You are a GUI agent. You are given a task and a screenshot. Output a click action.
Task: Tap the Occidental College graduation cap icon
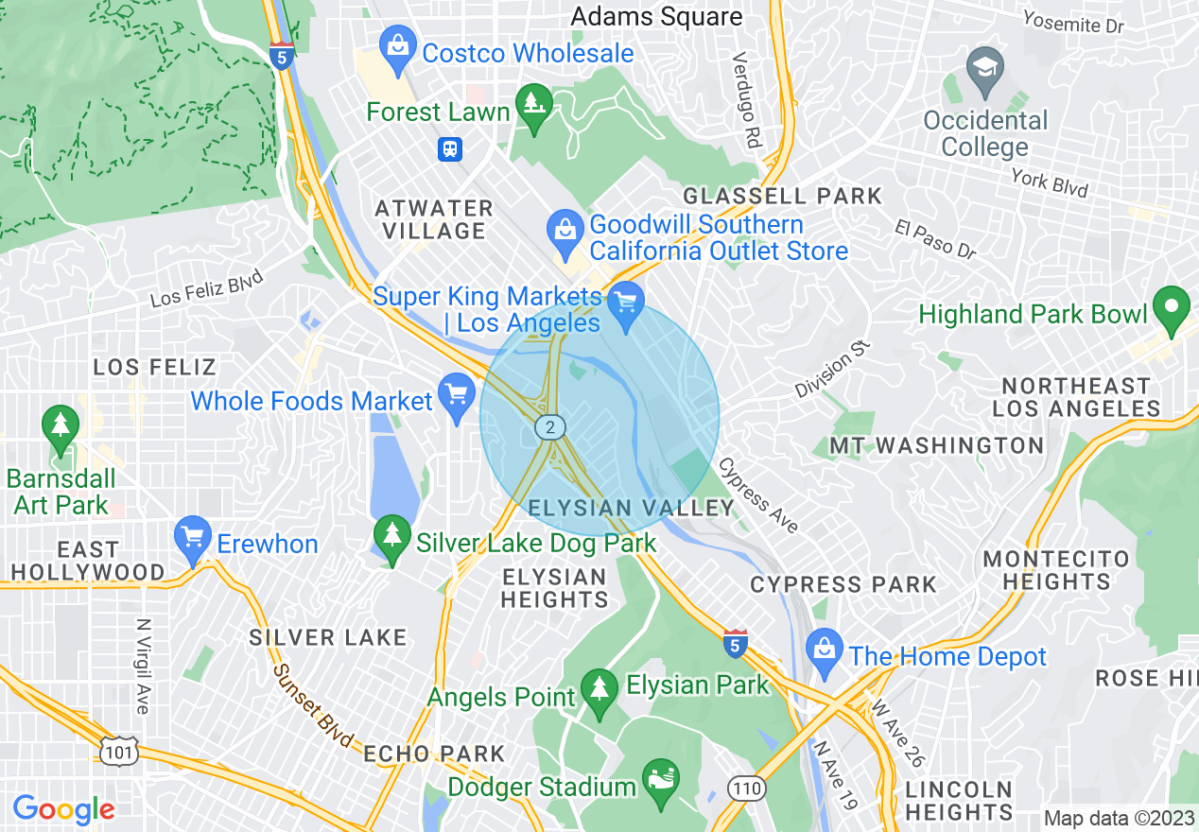point(985,67)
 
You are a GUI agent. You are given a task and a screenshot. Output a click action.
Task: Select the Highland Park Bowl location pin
point(1173,307)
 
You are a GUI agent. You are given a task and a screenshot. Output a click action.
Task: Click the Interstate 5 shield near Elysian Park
point(736,643)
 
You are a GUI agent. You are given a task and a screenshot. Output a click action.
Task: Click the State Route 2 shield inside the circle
point(549,427)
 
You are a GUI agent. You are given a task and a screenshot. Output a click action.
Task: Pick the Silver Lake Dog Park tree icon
point(392,534)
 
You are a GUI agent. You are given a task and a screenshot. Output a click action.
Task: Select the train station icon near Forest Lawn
point(449,148)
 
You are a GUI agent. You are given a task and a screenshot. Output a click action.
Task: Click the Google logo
point(63,809)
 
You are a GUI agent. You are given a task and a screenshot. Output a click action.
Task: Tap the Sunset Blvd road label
point(313,703)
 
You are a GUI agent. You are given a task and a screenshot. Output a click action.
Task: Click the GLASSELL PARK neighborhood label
point(782,197)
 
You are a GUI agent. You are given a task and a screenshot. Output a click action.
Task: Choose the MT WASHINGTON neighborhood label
point(936,445)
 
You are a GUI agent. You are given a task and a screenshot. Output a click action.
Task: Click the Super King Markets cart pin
point(625,303)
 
